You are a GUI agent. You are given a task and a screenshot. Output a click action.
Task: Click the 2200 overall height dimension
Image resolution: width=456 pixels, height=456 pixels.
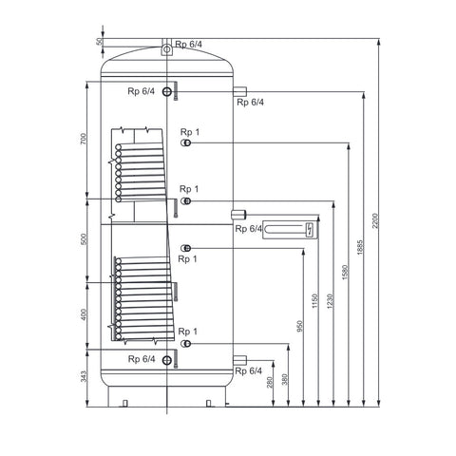pyautogui.click(x=375, y=221)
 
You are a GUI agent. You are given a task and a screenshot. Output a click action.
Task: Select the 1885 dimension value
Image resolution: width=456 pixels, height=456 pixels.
pyautogui.click(x=360, y=248)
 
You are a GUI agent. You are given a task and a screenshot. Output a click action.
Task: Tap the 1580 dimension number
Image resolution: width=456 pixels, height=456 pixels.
pyautogui.click(x=345, y=272)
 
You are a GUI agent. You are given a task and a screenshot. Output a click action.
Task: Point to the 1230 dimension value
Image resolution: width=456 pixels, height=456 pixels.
pyautogui.click(x=330, y=301)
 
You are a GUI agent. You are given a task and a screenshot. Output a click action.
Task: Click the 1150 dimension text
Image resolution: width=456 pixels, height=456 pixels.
pyautogui.click(x=314, y=301)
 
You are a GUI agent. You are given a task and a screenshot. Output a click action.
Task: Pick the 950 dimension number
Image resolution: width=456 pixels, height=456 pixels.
pyautogui.click(x=300, y=327)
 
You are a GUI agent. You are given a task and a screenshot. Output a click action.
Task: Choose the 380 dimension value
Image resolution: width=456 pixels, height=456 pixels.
pyautogui.click(x=285, y=379)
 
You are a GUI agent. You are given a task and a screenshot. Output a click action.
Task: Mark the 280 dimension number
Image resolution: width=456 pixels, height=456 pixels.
pyautogui.click(x=270, y=382)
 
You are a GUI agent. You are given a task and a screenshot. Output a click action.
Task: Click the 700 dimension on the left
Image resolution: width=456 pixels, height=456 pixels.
pyautogui.click(x=84, y=139)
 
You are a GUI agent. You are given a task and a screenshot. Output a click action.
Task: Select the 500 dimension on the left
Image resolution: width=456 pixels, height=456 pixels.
pyautogui.click(x=84, y=239)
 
